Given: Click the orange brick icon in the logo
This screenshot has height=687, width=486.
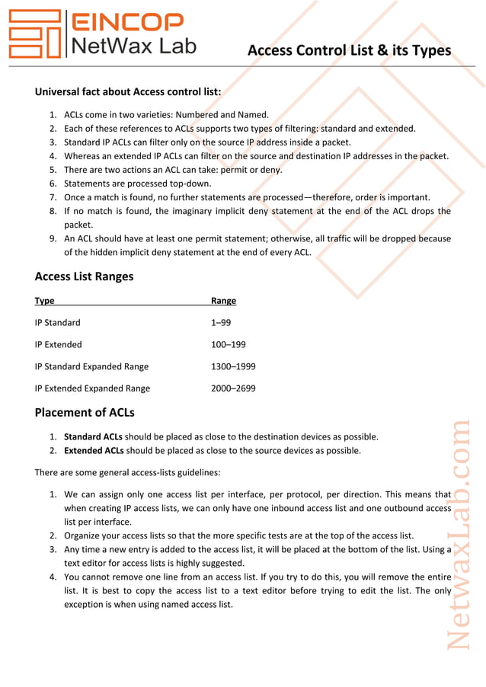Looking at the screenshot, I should click(35, 34).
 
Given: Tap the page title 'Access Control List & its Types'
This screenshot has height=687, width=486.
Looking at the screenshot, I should click(350, 50).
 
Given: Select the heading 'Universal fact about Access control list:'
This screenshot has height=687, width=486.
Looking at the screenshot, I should click(128, 92).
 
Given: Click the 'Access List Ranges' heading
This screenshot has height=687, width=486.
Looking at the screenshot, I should click(84, 276).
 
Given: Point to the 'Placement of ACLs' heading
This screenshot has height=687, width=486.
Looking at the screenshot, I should click(85, 413).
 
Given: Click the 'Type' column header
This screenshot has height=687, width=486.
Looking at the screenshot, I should click(44, 301).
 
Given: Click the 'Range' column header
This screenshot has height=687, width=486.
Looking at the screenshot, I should click(223, 301).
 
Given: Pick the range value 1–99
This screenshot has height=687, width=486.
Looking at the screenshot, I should click(221, 323).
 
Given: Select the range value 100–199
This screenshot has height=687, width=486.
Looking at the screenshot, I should click(228, 344).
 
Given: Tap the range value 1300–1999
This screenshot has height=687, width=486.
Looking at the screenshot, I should click(233, 366).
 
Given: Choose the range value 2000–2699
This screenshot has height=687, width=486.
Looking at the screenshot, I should click(233, 388).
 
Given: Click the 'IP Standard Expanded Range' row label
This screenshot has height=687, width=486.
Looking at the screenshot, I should click(91, 366).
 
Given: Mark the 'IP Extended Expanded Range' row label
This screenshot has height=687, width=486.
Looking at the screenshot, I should click(92, 388).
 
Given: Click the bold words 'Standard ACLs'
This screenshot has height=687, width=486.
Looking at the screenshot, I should click(93, 437).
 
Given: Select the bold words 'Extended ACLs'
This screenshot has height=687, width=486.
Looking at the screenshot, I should click(93, 451).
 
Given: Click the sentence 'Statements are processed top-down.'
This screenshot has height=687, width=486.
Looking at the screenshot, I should click(137, 184).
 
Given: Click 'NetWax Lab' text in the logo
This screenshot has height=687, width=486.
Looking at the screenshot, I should click(133, 46).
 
